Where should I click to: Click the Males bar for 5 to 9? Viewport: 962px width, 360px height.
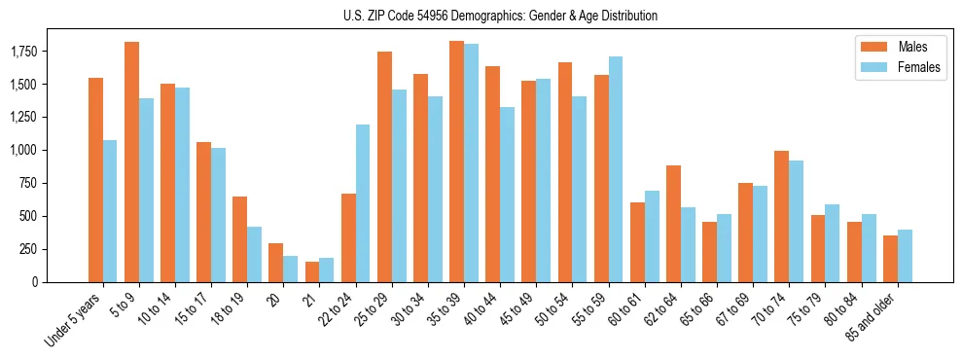tap(131, 162)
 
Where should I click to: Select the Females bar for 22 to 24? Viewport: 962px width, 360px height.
tap(363, 203)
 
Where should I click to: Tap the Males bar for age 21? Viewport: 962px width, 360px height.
tap(312, 271)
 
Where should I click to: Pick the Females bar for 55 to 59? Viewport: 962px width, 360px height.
tap(616, 169)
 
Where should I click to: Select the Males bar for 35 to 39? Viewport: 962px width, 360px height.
tap(456, 162)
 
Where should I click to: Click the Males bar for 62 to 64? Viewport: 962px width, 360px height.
tap(673, 224)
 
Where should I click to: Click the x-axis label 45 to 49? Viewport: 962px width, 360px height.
tap(516, 306)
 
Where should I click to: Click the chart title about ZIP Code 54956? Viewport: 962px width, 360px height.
tap(500, 16)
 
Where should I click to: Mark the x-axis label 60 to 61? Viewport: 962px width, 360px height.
tap(624, 306)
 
